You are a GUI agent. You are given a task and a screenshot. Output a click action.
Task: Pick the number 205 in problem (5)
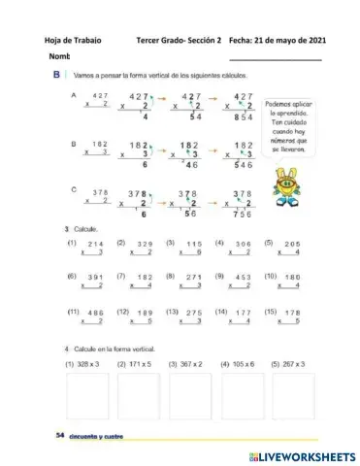point(292,244)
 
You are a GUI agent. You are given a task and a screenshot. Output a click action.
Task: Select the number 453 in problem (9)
point(243,278)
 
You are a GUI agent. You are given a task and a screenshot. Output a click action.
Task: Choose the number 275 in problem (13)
point(194,313)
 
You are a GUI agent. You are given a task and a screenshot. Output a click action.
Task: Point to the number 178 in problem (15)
point(292,313)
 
